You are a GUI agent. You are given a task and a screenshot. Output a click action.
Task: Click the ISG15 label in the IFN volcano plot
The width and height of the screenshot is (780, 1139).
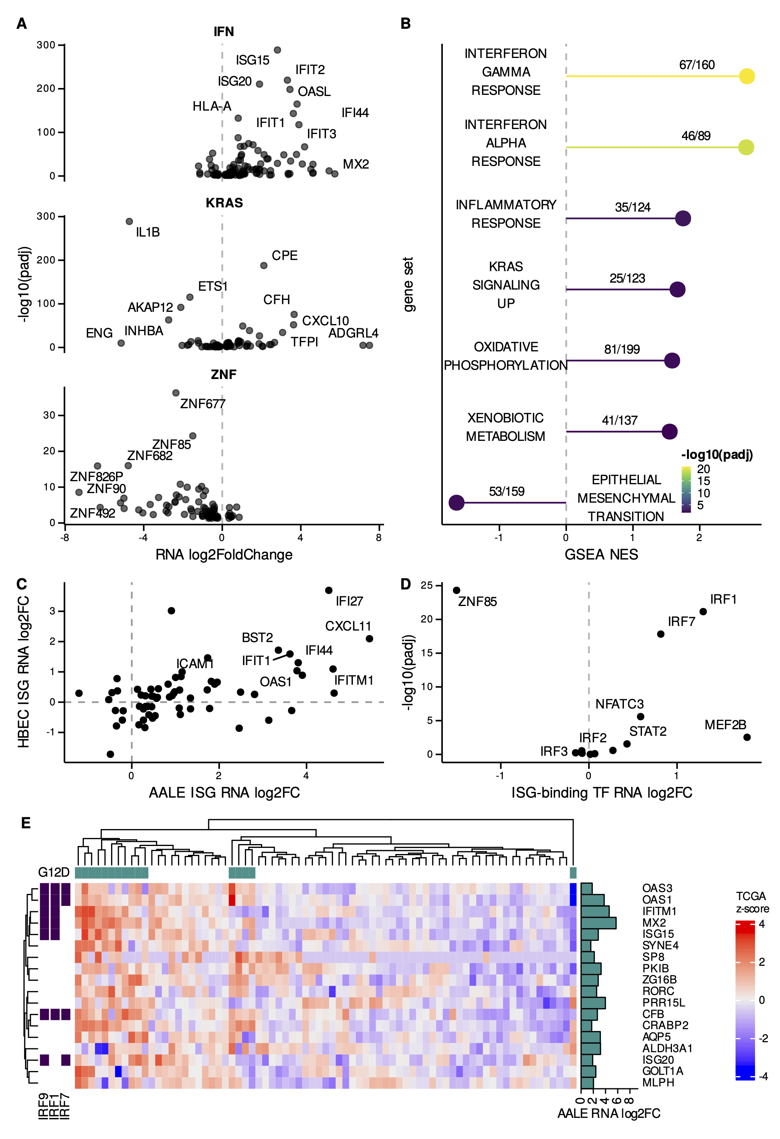[252, 60]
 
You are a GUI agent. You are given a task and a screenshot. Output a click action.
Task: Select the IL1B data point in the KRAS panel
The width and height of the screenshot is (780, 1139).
[129, 222]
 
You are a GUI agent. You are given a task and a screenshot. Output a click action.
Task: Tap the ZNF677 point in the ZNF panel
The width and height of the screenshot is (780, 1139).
[176, 393]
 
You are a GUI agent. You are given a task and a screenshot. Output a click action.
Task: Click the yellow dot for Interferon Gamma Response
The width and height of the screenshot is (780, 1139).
[746, 76]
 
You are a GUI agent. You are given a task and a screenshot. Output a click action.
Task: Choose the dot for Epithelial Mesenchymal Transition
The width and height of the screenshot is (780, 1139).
[456, 502]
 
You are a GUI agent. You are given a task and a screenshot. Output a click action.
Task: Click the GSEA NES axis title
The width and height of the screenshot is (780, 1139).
[601, 554]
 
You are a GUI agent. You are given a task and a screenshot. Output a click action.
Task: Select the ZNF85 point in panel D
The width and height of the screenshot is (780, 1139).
[456, 591]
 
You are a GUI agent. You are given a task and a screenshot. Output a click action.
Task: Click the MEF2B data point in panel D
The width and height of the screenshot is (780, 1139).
[747, 737]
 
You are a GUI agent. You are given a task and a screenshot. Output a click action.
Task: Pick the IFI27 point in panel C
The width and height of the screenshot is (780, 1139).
[329, 591]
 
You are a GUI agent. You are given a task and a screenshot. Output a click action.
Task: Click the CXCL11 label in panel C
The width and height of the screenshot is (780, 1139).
[348, 626]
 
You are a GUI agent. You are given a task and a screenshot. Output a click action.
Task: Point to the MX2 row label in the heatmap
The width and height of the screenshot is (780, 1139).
[654, 923]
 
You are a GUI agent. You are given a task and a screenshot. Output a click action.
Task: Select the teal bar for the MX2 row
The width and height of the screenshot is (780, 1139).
[598, 923]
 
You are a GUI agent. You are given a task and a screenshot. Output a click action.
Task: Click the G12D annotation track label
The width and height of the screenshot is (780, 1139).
[53, 872]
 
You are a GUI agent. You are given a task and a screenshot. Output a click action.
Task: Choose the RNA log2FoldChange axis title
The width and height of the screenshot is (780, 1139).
[224, 554]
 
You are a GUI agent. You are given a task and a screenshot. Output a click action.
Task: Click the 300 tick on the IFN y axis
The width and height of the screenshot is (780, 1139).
[46, 45]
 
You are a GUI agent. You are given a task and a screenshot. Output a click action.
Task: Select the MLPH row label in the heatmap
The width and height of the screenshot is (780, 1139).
[658, 1083]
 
